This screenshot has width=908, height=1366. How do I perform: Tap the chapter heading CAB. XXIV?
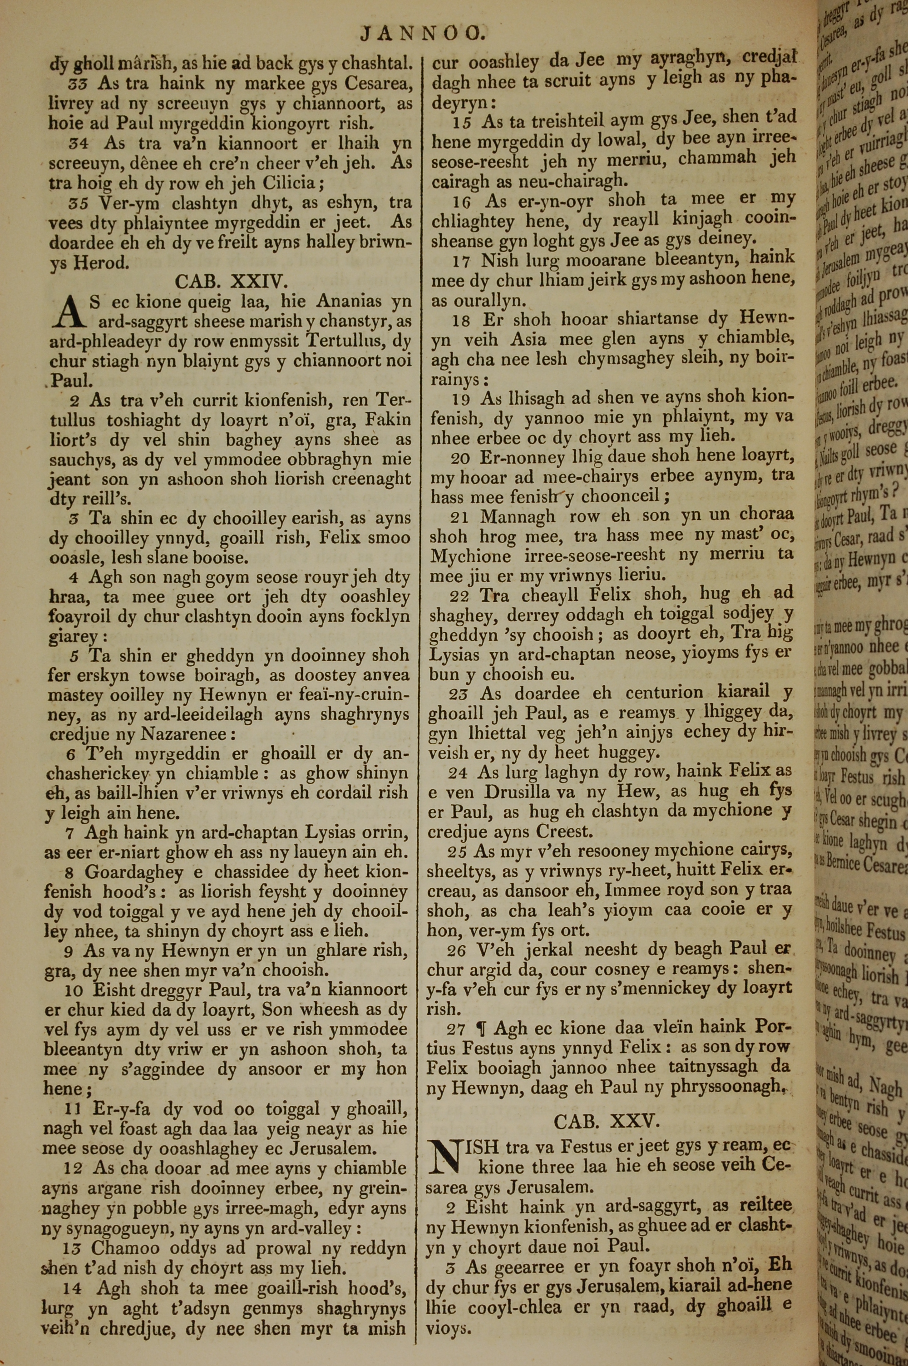coord(231,282)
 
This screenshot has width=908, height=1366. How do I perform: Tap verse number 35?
coord(78,203)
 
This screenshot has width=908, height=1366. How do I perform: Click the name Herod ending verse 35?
coord(100,263)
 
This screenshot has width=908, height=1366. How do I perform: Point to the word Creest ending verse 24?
coord(564,832)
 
